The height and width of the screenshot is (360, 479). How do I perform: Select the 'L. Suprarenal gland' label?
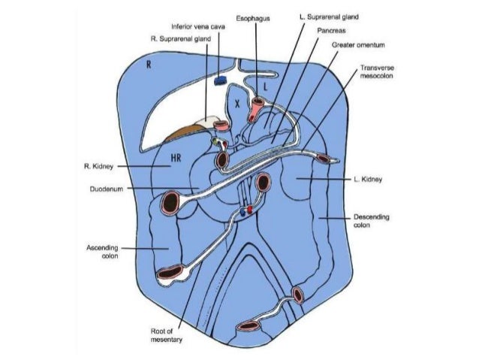click(323, 16)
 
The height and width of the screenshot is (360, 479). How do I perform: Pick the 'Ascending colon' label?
click(106, 250)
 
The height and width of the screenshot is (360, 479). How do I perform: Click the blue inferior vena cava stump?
click(221, 79)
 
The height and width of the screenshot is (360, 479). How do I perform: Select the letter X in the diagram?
click(236, 105)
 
